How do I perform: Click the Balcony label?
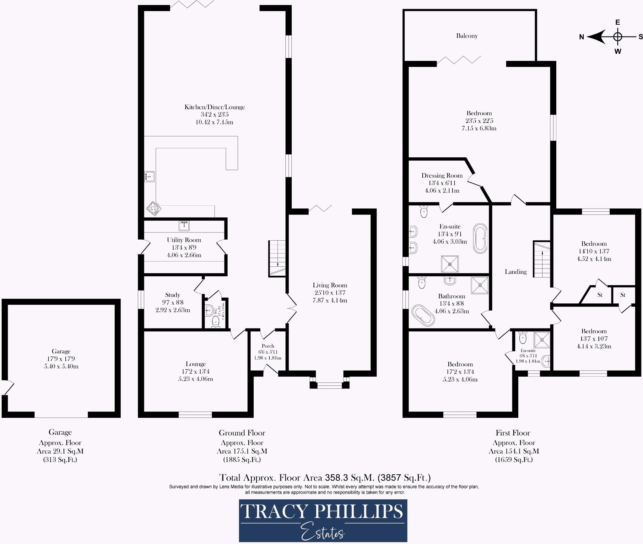click(467, 36)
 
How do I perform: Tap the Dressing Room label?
click(442, 176)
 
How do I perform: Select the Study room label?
click(173, 295)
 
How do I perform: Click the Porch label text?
click(268, 346)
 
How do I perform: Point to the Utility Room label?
click(184, 240)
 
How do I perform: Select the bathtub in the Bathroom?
click(423, 315)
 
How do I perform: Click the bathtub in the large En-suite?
click(480, 238)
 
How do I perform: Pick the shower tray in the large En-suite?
click(450, 264)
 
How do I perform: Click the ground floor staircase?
click(277, 258)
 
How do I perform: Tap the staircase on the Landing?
click(542, 259)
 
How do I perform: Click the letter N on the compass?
click(581, 37)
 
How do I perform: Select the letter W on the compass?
click(618, 51)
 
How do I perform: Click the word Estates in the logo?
click(323, 532)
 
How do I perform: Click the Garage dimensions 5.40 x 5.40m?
click(61, 366)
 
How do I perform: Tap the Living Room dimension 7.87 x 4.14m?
click(330, 300)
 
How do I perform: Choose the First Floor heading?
click(513, 433)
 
